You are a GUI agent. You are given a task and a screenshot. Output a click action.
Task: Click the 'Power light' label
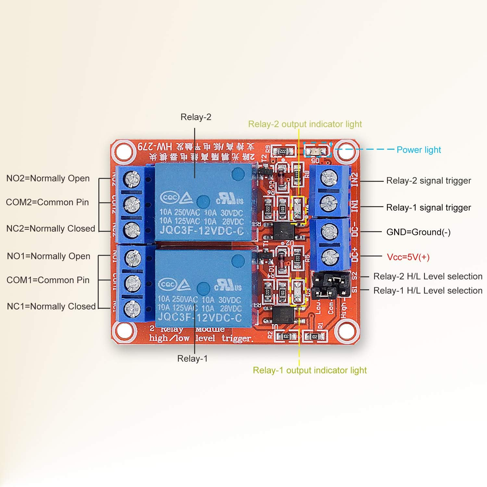418,150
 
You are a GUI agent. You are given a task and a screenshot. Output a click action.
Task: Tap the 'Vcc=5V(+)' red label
408,257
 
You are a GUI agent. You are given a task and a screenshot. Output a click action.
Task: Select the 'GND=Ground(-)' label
418,232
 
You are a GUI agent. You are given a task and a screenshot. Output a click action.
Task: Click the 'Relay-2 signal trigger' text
428,181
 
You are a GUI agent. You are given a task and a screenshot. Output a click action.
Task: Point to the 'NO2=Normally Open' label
48,179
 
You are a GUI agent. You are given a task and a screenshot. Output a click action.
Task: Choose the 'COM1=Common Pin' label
48,280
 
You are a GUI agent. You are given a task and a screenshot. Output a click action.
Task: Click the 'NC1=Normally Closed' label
51,306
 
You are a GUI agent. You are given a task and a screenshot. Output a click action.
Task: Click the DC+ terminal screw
330,256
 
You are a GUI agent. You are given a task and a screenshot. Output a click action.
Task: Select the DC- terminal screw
330,232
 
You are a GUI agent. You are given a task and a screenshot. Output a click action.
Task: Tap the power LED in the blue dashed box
317,151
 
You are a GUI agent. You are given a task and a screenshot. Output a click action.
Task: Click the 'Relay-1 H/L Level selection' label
428,291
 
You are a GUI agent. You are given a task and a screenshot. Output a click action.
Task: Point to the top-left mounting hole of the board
123,151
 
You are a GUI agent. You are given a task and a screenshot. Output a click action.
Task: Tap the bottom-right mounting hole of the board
347,331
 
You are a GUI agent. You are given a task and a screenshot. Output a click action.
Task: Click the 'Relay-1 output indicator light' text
309,370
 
